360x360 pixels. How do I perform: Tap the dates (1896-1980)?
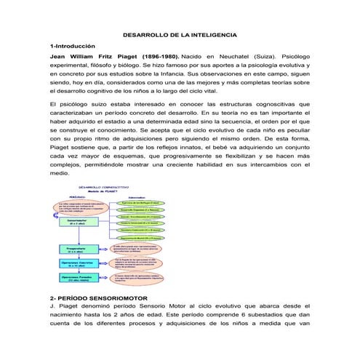pos(154,55)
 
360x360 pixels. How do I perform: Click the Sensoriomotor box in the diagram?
pos(76,221)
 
